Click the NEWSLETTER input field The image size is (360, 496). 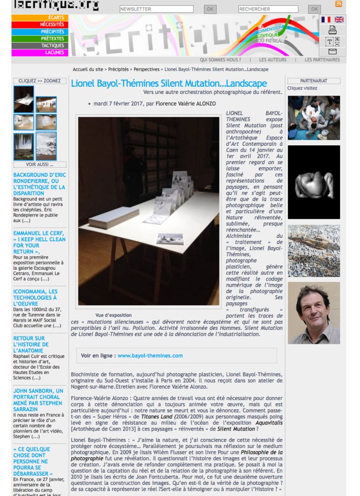click(156, 9)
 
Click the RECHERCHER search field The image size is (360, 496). click(268, 9)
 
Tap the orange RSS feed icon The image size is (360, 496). click(339, 4)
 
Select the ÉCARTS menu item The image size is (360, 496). click(40, 18)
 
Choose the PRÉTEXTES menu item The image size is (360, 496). click(40, 39)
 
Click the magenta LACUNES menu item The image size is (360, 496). click(40, 53)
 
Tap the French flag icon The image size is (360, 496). click(326, 20)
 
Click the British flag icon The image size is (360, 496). click(339, 20)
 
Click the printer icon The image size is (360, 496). click(332, 30)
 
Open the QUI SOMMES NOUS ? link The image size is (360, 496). click(220, 60)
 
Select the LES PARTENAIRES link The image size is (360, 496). click(322, 60)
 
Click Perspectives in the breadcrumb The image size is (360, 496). click(146, 70)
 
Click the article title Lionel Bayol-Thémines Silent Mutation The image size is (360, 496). click(169, 83)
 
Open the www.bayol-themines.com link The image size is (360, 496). click(150, 356)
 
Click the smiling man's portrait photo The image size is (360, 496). click(313, 313)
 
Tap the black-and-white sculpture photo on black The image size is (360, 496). click(313, 182)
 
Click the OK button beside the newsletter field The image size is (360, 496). click(210, 9)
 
